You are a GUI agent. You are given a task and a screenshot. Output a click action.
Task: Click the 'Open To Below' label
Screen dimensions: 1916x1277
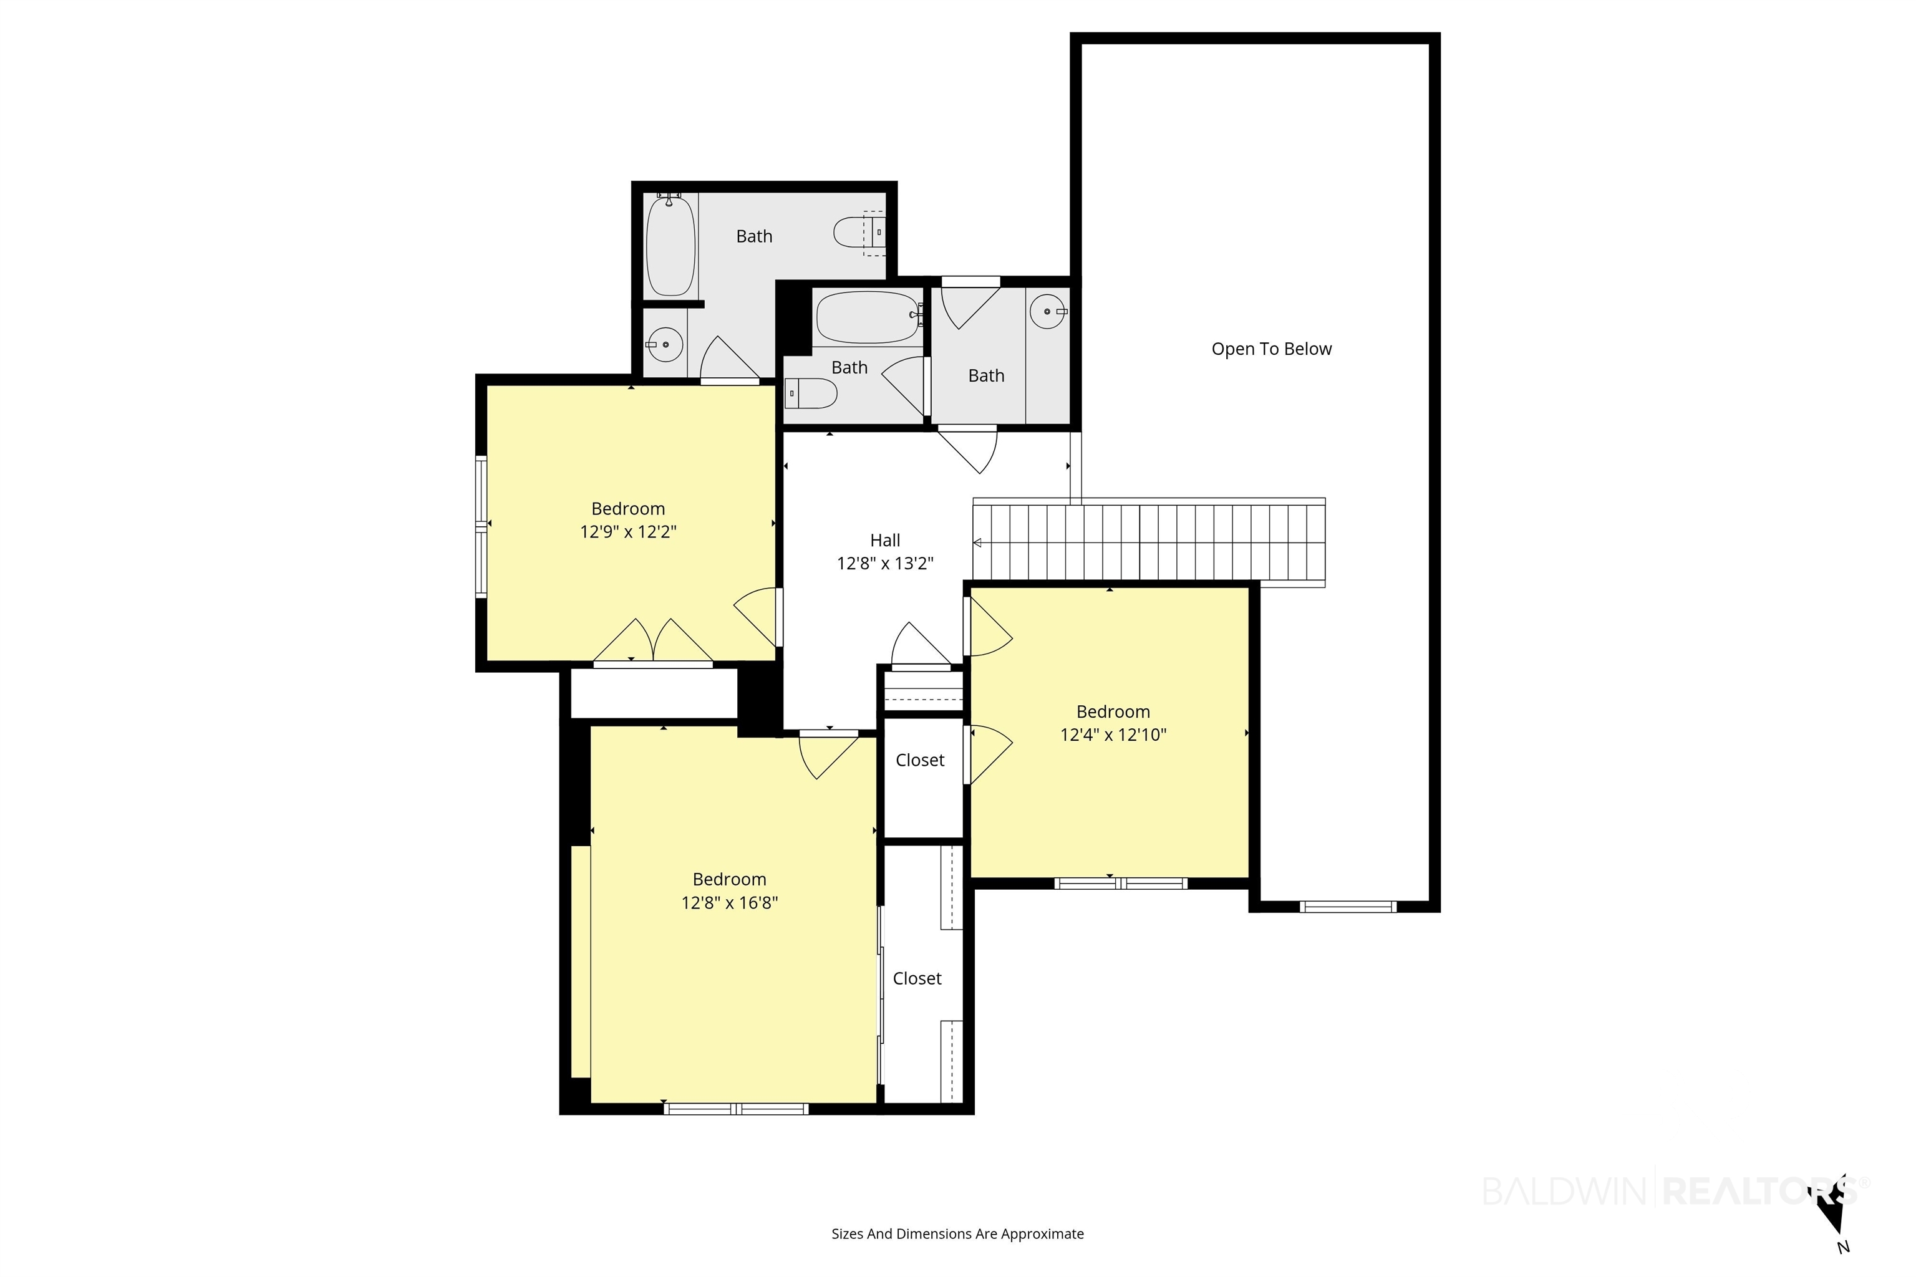(x=1271, y=349)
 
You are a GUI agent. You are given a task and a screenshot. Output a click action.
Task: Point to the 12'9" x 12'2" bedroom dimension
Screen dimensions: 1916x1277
(x=628, y=532)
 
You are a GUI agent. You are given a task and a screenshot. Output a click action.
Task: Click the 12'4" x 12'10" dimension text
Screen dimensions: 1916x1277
(x=1113, y=735)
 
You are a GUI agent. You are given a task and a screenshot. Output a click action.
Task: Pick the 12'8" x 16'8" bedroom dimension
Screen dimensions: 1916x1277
(x=729, y=902)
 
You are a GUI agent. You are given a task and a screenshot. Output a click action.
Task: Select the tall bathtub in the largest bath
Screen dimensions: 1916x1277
(x=670, y=245)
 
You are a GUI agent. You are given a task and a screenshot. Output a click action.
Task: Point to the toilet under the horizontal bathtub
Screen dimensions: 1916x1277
(x=811, y=393)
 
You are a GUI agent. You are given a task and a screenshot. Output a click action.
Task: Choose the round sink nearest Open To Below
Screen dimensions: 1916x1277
(x=1048, y=311)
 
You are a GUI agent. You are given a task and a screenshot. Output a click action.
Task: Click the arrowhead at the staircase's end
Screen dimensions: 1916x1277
(x=977, y=543)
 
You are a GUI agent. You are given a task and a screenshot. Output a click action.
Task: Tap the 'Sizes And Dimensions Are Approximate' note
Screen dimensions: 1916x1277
(x=957, y=1234)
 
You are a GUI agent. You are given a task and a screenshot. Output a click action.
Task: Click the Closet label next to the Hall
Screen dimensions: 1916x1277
(x=920, y=760)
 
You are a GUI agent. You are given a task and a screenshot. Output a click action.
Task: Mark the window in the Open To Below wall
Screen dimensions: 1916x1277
(x=1348, y=907)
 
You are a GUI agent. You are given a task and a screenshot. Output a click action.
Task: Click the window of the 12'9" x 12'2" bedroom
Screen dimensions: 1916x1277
(x=481, y=527)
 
